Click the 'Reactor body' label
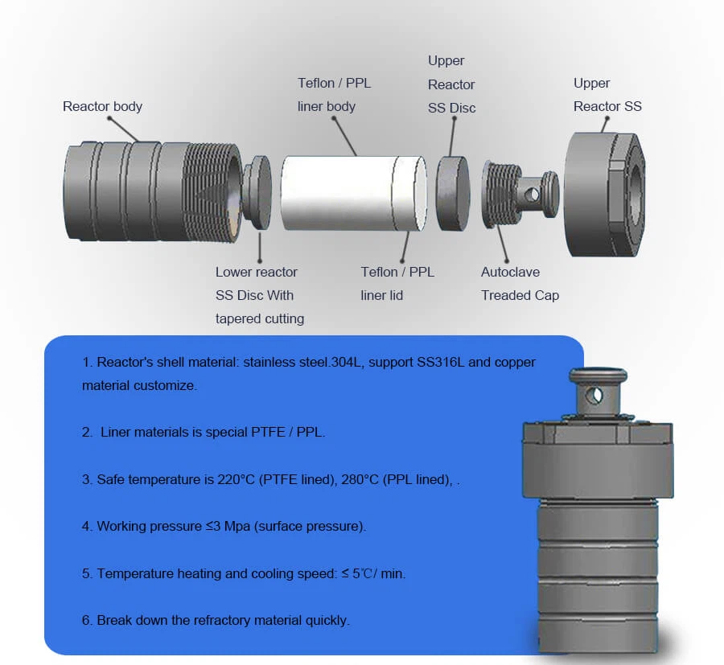(102, 106)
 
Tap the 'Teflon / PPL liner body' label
(334, 95)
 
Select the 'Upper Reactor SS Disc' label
(451, 84)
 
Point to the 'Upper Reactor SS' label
(607, 95)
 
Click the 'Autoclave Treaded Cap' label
(520, 284)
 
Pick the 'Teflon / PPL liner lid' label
(397, 284)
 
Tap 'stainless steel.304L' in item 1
(319, 363)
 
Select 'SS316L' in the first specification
(442, 363)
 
